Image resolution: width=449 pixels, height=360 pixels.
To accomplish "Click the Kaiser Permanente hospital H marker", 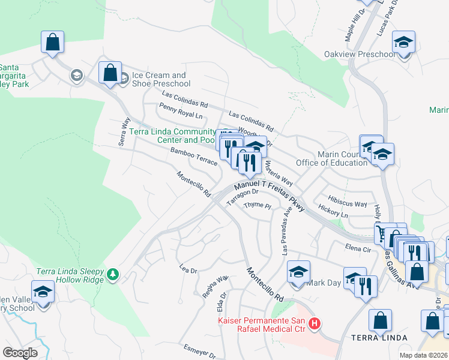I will (314, 325).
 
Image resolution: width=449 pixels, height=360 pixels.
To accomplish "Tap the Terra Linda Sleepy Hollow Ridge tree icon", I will (112, 275).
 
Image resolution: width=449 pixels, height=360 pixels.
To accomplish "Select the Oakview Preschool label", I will (359, 55).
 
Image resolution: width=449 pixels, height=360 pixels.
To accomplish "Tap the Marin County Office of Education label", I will (332, 158).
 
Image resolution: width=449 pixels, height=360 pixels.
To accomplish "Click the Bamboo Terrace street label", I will (193, 157).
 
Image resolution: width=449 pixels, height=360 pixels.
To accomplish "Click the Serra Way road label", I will (124, 131).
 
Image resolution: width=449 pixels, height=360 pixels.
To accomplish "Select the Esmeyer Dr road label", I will (198, 352).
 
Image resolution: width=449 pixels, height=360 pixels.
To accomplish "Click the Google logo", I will (20, 353).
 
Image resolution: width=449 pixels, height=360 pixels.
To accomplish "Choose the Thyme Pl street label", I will (258, 206).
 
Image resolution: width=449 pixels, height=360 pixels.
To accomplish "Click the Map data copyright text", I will (423, 355).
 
